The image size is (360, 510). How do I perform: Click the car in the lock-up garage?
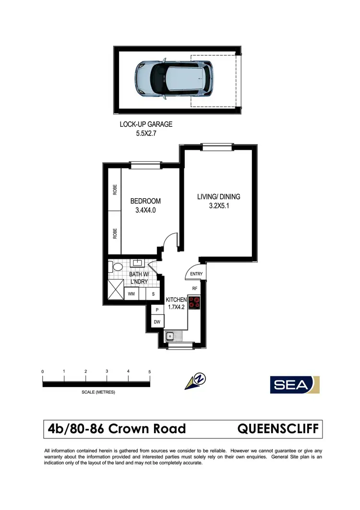[x=174, y=80]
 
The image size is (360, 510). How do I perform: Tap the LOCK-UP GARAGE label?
[x=146, y=124]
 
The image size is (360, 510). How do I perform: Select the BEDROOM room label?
[x=145, y=201]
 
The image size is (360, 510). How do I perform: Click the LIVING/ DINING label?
[x=218, y=196]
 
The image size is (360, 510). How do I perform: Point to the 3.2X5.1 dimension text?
[x=218, y=206]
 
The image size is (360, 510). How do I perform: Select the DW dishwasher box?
[x=156, y=322]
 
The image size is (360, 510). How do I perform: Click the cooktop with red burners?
[x=194, y=303]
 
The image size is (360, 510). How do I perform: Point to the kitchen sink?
[x=171, y=336]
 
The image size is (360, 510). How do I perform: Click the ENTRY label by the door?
[x=197, y=274]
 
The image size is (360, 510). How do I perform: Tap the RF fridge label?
[x=195, y=289]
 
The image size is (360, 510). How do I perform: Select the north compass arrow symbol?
[x=195, y=381]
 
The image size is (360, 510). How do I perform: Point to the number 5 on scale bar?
[x=150, y=372]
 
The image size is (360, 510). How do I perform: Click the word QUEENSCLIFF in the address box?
[x=278, y=429]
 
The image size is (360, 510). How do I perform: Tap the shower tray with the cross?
[x=115, y=290]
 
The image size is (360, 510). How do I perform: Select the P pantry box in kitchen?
[x=156, y=310]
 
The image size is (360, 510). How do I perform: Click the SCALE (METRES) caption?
[x=98, y=392]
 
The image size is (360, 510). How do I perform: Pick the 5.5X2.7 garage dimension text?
[x=146, y=134]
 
